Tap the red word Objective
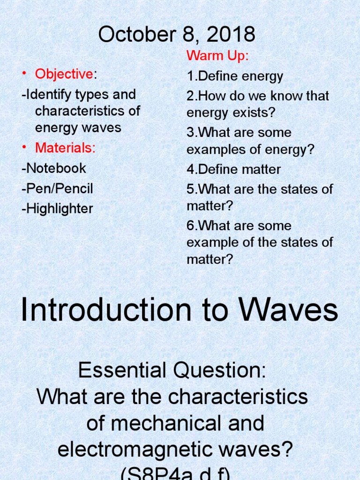tap(64, 74)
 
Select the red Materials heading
tap(65, 148)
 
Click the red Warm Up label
tap(217, 56)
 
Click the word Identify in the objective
tap(46, 95)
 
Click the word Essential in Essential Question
tap(117, 371)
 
